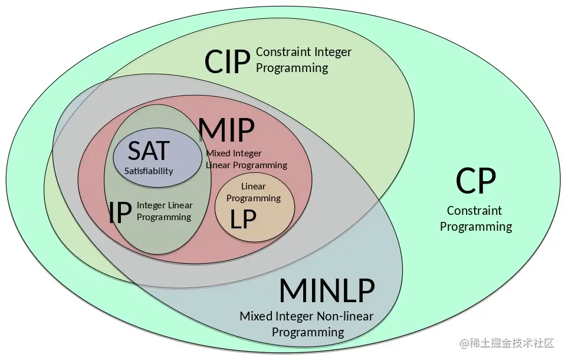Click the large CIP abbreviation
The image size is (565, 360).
(226, 62)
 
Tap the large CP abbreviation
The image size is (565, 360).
(475, 181)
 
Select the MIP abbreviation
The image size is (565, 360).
(226, 130)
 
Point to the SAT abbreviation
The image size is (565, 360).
(149, 150)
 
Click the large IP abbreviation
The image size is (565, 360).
(120, 213)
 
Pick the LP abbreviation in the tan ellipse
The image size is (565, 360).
(243, 220)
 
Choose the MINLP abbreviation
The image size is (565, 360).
(326, 290)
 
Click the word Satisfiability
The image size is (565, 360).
(149, 171)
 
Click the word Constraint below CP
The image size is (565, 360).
(474, 211)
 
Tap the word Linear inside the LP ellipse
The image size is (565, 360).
(254, 186)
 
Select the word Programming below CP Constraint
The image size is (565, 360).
(475, 227)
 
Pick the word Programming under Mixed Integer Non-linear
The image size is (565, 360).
(307, 332)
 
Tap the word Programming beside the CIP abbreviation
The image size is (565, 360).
(291, 68)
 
